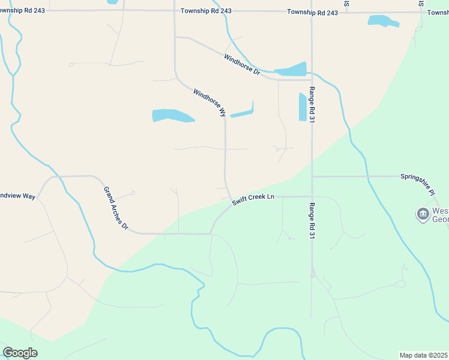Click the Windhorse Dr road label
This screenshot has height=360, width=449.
[242, 65]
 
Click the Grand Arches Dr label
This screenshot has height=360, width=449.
[116, 208]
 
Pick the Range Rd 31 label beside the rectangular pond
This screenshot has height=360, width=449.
[312, 104]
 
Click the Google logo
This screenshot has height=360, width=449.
[20, 353]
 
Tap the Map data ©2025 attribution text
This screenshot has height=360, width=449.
[424, 355]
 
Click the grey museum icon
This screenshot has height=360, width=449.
[423, 214]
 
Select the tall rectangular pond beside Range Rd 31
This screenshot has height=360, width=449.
[303, 107]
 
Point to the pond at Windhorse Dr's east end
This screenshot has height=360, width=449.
[291, 70]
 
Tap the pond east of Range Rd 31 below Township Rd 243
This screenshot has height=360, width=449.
[383, 22]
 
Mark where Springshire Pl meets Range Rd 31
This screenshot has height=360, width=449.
[312, 177]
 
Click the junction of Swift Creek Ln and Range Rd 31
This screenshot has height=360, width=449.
[312, 196]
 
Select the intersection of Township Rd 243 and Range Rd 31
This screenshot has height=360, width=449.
[312, 12]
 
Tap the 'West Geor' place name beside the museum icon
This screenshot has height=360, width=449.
[440, 215]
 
